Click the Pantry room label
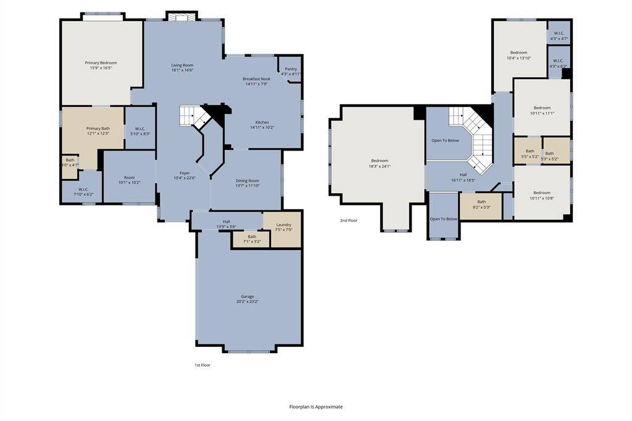290,69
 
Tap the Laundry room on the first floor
283,225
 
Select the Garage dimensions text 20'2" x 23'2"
247,301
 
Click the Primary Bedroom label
101,63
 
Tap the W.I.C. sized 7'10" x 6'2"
83,192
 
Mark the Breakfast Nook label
256,79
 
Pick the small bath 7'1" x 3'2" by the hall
252,239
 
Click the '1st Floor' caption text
202,365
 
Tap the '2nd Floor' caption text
349,220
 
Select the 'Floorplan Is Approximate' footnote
315,407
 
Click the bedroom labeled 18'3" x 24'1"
380,163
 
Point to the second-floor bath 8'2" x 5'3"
481,204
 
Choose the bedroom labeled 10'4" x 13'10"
518,55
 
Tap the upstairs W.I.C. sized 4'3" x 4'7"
559,36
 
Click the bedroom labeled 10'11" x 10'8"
541,195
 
